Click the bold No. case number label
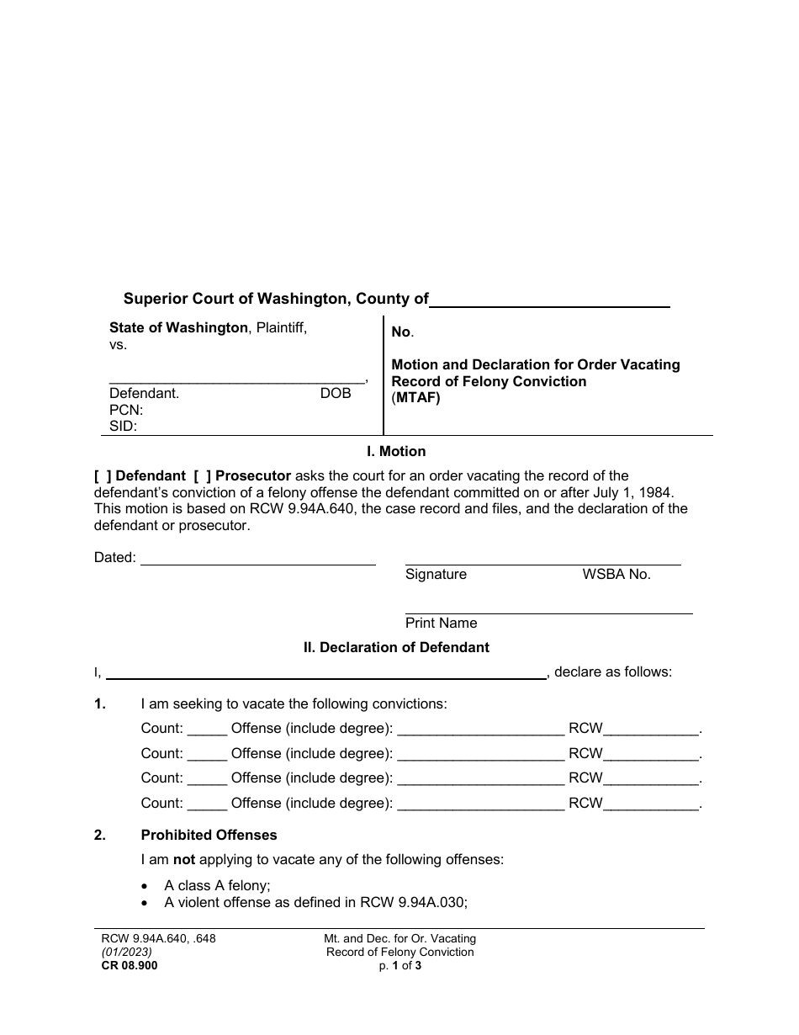(402, 332)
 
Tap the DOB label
(336, 393)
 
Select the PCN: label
(126, 410)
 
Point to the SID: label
(124, 427)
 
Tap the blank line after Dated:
(257, 558)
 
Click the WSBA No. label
(616, 575)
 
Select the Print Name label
(441, 624)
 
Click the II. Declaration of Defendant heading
(396, 648)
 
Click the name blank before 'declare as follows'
(326, 672)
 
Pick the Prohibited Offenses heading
(209, 836)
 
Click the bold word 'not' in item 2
(184, 860)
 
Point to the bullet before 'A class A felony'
(146, 886)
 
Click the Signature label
(436, 575)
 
